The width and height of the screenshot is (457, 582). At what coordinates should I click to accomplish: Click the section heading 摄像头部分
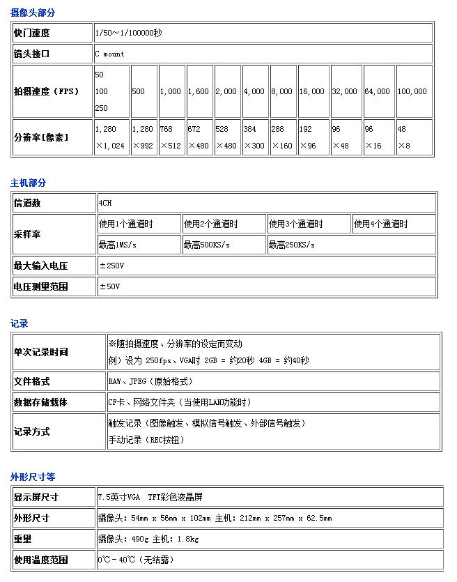[33, 13]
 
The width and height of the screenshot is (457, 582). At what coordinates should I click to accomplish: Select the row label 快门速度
[32, 33]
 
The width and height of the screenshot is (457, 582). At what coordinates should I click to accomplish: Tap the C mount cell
[110, 54]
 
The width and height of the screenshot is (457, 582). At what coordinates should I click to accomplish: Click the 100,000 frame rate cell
[412, 91]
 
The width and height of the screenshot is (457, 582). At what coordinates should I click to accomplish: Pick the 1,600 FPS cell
[199, 91]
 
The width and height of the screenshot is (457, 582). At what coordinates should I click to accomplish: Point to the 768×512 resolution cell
[171, 137]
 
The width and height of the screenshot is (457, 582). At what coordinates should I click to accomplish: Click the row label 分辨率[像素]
[41, 137]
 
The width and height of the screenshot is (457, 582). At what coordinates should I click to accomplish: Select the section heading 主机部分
[29, 183]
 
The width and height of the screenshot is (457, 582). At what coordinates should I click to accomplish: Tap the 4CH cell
[105, 203]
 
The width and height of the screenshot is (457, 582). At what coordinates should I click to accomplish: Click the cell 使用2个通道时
[210, 224]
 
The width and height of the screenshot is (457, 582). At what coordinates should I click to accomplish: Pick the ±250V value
[112, 266]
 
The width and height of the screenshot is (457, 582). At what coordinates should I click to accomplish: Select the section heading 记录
[20, 323]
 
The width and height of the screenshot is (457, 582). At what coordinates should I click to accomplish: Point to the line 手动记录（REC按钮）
[146, 440]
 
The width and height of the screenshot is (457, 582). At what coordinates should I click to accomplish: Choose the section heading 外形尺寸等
[33, 477]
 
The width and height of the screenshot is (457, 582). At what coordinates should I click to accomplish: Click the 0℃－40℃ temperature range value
[135, 560]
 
